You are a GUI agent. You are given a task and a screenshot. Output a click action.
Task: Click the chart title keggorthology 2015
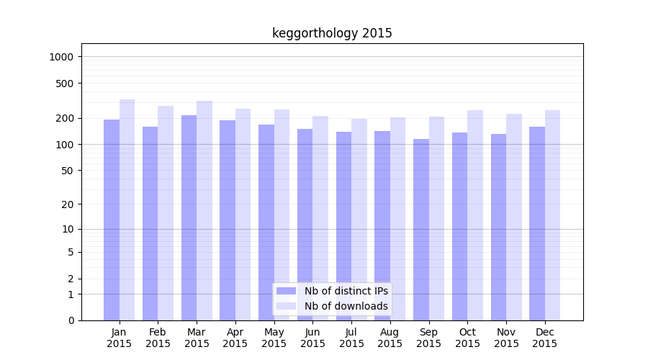(x=332, y=33)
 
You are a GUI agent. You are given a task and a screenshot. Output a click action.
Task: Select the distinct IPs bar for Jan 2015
(x=112, y=220)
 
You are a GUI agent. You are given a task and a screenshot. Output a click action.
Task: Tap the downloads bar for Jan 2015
(x=127, y=210)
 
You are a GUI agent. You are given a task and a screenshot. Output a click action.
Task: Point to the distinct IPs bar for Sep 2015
(x=421, y=230)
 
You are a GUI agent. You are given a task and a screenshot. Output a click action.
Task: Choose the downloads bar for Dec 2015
(x=553, y=215)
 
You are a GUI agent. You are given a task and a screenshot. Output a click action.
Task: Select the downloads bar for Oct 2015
(x=475, y=215)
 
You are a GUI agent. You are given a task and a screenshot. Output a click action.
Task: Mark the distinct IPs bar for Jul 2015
(x=343, y=226)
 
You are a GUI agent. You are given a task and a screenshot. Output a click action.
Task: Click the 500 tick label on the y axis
(x=66, y=84)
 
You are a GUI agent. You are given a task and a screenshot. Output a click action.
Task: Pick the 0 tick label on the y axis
(x=71, y=320)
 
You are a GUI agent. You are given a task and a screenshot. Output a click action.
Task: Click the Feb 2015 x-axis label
(x=158, y=338)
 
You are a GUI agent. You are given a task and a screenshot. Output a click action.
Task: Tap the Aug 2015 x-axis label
(x=390, y=338)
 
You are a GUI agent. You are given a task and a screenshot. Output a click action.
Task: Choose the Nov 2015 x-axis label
(x=506, y=338)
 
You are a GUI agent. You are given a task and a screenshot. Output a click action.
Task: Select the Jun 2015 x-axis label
(x=312, y=338)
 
